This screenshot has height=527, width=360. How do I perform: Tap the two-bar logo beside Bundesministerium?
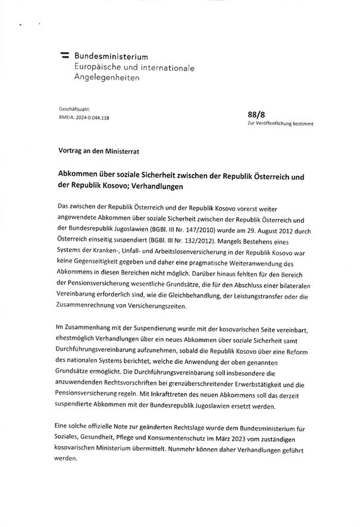64,55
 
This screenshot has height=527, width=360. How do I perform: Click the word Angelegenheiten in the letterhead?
106,78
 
